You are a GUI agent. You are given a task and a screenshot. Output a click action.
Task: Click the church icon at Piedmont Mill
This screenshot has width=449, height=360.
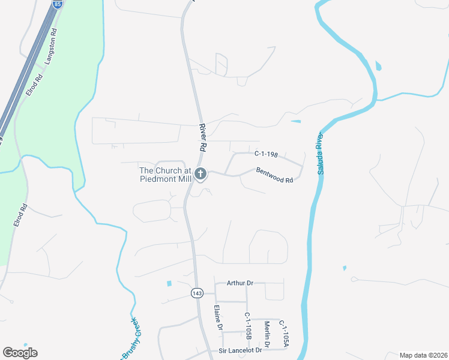(200, 174)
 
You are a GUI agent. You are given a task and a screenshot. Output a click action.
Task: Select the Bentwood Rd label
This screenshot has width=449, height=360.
(274, 175)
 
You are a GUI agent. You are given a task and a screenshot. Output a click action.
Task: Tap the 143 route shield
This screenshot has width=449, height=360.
(197, 293)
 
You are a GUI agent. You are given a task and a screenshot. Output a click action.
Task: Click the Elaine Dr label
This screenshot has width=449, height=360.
(219, 319)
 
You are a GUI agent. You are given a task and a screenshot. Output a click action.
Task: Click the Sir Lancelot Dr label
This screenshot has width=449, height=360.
(241, 350)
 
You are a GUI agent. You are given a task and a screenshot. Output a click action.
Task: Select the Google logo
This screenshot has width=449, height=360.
(20, 353)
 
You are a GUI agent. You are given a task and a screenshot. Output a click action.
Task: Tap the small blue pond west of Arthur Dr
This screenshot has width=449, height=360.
(169, 283)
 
